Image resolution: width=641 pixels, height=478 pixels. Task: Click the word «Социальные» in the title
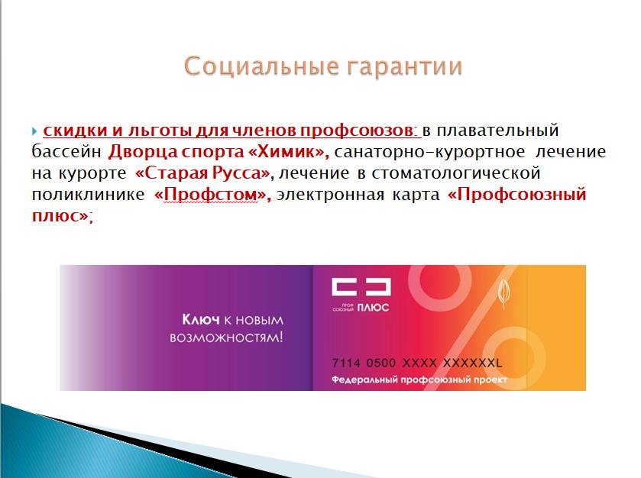click(x=261, y=66)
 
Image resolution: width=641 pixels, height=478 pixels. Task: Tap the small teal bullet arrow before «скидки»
click(x=34, y=131)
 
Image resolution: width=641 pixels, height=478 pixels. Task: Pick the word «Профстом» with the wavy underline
click(x=211, y=195)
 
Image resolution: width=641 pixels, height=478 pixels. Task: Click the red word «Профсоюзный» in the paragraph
click(x=521, y=195)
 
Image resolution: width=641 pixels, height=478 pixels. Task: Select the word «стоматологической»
click(x=456, y=173)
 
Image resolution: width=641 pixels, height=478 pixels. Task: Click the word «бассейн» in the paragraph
click(x=66, y=152)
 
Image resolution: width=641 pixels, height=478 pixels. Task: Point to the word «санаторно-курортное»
click(x=429, y=152)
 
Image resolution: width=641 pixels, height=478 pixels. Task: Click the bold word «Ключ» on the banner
click(x=201, y=319)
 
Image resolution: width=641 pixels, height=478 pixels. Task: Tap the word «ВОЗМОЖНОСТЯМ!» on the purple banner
click(x=226, y=338)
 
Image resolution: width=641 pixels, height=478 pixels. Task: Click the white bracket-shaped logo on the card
click(x=361, y=287)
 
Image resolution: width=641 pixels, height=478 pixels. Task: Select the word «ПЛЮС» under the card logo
click(x=373, y=308)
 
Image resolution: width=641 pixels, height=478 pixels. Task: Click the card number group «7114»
click(x=346, y=363)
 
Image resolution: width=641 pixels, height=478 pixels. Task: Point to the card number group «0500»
click(x=381, y=363)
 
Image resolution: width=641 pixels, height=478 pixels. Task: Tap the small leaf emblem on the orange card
click(x=503, y=292)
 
